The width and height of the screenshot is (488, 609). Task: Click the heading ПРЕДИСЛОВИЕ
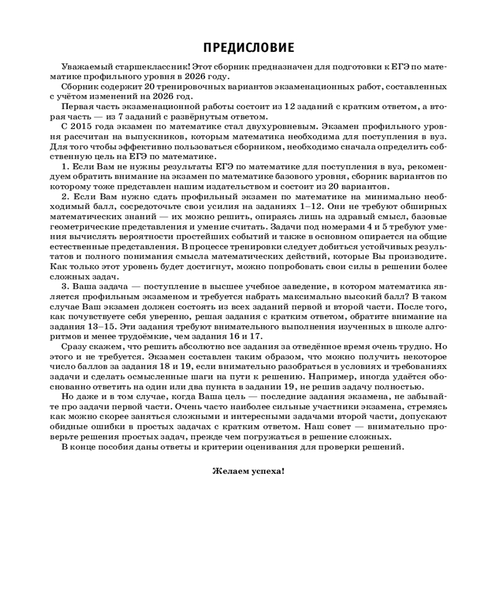click(x=243, y=48)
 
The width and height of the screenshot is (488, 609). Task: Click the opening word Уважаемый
click(x=83, y=66)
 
